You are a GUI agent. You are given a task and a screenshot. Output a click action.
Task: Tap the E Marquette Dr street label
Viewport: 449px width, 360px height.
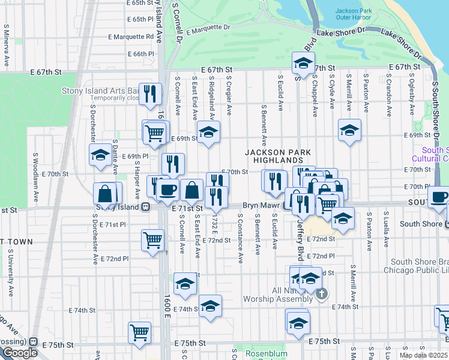pyautogui.click(x=208, y=28)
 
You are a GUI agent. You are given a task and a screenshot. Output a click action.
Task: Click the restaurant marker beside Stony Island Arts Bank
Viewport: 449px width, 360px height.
pyautogui.click(x=150, y=94)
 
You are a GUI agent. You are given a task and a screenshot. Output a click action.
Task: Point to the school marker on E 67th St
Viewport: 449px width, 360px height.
pyautogui.click(x=304, y=62)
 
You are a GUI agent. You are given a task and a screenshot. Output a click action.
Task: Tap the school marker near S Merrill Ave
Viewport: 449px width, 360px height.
pyautogui.click(x=349, y=130)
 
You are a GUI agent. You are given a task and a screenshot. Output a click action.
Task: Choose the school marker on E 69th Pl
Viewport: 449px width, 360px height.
pyautogui.click(x=100, y=155)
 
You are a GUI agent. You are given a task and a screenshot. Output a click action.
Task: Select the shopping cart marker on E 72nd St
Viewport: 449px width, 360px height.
pyautogui.click(x=152, y=240)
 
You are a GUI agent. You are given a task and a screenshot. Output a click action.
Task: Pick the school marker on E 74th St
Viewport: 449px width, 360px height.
pyautogui.click(x=209, y=305)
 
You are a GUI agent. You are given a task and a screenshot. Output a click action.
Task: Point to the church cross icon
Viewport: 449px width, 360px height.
pyautogui.click(x=322, y=293)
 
